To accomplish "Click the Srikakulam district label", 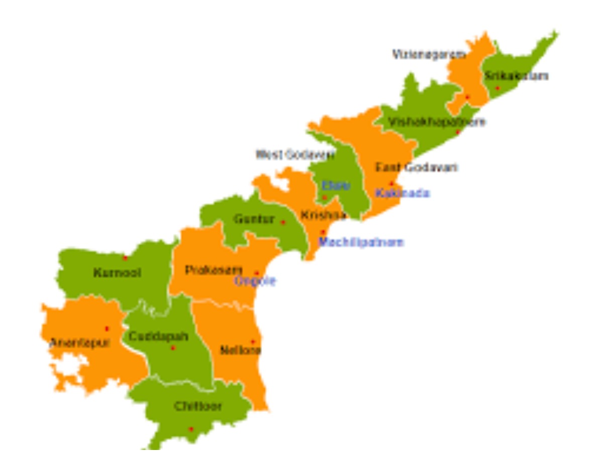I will tap(516, 76).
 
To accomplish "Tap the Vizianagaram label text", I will tap(429, 54).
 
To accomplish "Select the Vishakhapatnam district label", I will tap(437, 122).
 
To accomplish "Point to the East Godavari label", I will tap(417, 167).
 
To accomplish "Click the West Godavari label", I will tap(295, 155).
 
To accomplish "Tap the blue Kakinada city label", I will tap(403, 193).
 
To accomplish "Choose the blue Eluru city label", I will tap(336, 185).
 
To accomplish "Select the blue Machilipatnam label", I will tap(361, 242).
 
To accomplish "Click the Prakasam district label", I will tap(214, 270).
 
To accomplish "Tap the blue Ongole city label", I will tap(255, 281).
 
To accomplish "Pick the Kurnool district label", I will tap(117, 273).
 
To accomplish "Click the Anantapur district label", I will tap(79, 343).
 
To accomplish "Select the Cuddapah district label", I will tap(158, 336).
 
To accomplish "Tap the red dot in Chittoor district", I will tap(191, 429).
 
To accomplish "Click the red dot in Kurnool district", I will tap(125, 258).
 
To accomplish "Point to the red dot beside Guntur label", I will tap(283, 222).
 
